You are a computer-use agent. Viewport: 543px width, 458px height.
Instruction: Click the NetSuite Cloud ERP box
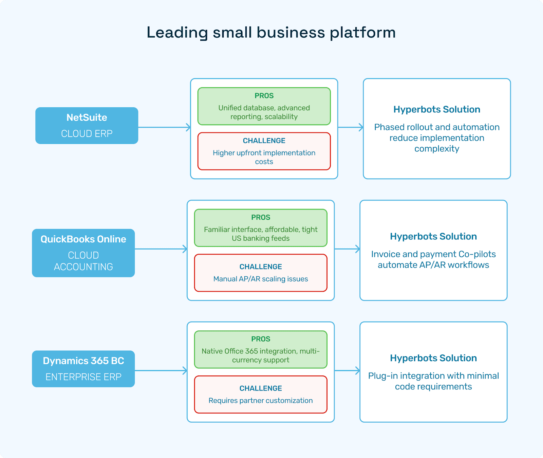coord(87,126)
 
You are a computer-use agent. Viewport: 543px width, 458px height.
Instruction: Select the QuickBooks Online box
coord(83,253)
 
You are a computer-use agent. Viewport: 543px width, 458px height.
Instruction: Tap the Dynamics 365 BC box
coord(83,369)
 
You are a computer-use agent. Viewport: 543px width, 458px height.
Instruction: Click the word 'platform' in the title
coord(362,33)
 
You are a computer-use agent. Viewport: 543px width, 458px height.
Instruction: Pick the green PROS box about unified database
coord(264,106)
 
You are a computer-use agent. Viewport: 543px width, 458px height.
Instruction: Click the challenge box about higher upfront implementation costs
coord(264,151)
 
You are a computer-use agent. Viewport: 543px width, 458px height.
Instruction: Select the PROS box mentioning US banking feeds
coord(261,228)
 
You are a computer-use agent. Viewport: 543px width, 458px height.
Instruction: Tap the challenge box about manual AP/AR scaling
coord(261,273)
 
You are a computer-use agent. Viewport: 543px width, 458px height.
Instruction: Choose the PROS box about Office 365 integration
coord(261,349)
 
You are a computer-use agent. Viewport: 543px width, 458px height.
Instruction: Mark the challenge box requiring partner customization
coord(261,394)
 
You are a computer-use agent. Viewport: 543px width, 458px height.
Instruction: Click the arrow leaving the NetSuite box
coord(164,127)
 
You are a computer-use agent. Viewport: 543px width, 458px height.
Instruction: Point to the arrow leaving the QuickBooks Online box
coord(161,249)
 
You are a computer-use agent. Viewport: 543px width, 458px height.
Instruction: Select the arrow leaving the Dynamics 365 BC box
coord(161,370)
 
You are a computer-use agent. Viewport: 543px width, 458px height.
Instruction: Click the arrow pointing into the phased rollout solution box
coord(351,127)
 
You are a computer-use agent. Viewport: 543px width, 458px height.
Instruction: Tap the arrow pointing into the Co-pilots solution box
coord(347,249)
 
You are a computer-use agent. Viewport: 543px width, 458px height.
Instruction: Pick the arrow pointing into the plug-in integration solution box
coord(347,370)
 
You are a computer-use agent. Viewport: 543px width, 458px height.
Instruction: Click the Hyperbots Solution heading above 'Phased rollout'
coord(437,109)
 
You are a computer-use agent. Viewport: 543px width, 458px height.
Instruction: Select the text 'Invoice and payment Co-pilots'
coord(433,254)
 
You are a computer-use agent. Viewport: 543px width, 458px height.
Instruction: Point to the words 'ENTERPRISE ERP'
coord(83,377)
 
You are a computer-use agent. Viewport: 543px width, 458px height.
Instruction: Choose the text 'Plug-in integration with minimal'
coord(433,376)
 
